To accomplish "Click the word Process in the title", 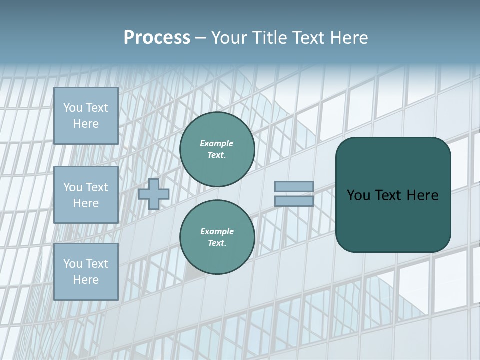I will (157, 38).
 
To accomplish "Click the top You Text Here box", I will (86, 116).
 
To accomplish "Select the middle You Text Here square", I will (86, 195).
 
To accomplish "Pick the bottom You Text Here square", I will (86, 272).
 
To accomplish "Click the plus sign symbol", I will (154, 194).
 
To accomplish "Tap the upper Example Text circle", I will (217, 149).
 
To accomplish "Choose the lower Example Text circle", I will (217, 237).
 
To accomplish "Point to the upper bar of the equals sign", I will (294, 186).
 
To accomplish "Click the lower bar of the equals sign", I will (294, 201).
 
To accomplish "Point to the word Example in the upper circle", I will (217, 143).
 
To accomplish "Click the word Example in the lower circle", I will (217, 231).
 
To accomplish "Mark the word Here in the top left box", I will (86, 124).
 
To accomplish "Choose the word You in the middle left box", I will (73, 187).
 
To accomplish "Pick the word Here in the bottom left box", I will (86, 280).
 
